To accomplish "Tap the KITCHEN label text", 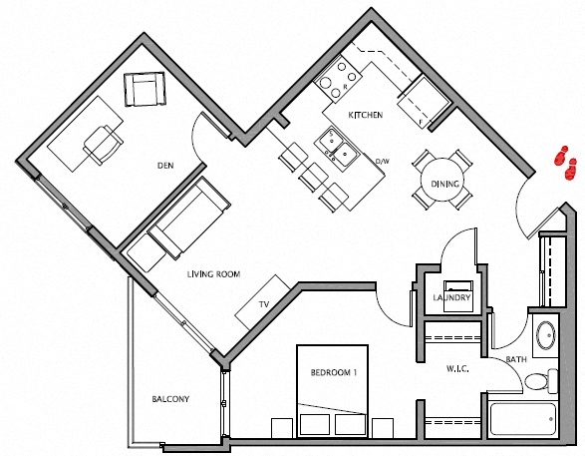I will pyautogui.click(x=365, y=116).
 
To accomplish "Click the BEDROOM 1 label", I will pyautogui.click(x=333, y=373).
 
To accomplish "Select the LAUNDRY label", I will pyautogui.click(x=451, y=297).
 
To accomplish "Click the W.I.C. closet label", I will pyautogui.click(x=456, y=369).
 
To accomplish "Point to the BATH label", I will pyautogui.click(x=515, y=359).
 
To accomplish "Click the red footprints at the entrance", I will pyautogui.click(x=567, y=164).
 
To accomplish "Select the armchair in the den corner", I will pyautogui.click(x=144, y=90).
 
